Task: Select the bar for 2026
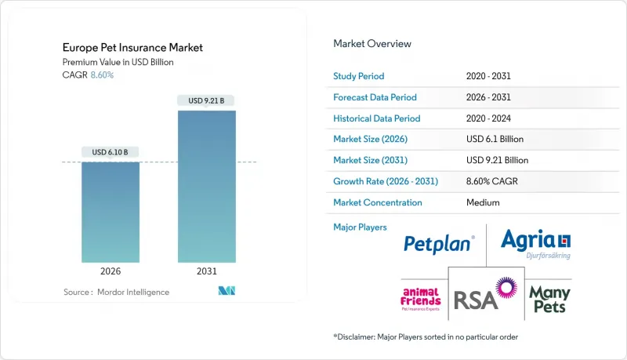tap(111, 212)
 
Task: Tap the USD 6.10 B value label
tap(111, 151)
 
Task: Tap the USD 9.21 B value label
tap(207, 100)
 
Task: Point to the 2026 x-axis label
tap(111, 271)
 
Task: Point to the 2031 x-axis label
tap(207, 271)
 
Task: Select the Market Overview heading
tap(372, 43)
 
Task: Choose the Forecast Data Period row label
tap(375, 98)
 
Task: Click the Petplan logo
tap(439, 245)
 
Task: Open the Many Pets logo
tap(549, 298)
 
